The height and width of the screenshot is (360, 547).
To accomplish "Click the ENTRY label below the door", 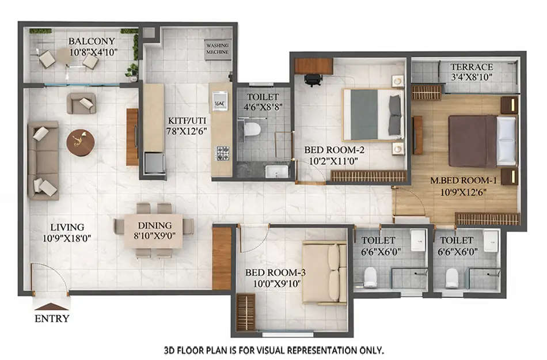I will pyautogui.click(x=52, y=319).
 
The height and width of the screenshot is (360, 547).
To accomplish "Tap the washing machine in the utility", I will pyautogui.click(x=218, y=48).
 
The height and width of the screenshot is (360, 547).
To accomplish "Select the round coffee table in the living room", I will pyautogui.click(x=80, y=142).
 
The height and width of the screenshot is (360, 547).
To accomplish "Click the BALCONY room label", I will pyautogui.click(x=92, y=41).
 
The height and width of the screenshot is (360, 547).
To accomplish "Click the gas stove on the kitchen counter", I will pyautogui.click(x=222, y=153).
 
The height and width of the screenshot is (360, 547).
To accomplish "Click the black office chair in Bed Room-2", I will pyautogui.click(x=313, y=79).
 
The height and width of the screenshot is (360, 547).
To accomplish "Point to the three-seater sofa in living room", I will pyautogui.click(x=43, y=160).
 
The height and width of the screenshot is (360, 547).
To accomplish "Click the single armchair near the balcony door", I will pyautogui.click(x=81, y=103).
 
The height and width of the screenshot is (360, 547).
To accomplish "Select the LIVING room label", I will pyautogui.click(x=67, y=227).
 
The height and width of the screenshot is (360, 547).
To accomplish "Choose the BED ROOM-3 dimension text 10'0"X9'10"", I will pyautogui.click(x=273, y=283).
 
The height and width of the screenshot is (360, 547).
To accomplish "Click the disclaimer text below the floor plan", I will pyautogui.click(x=273, y=350).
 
